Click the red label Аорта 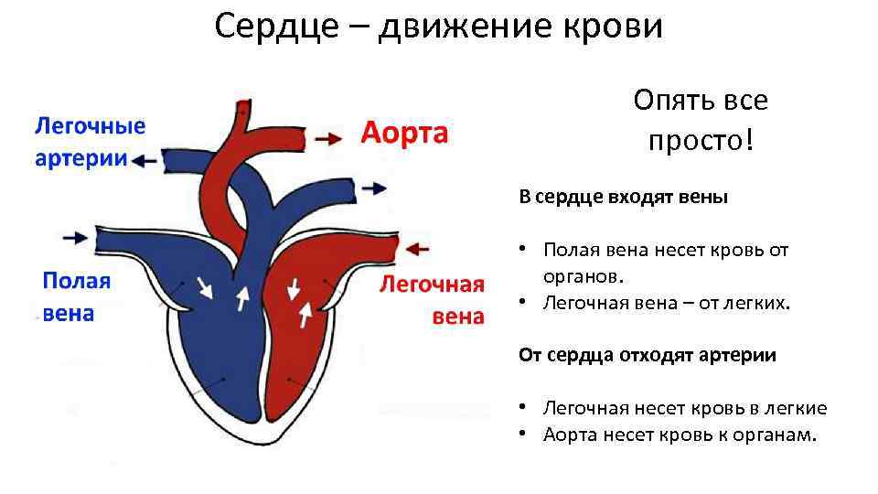click(x=404, y=134)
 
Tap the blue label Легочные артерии click(x=90, y=141)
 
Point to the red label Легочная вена click(x=432, y=299)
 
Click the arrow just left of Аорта click(x=325, y=138)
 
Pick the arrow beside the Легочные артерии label click(x=145, y=160)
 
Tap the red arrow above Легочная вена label click(x=417, y=247)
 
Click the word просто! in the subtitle click(x=701, y=141)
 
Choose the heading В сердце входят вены click(x=623, y=197)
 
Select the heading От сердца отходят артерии click(x=647, y=355)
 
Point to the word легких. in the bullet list click(x=755, y=302)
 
